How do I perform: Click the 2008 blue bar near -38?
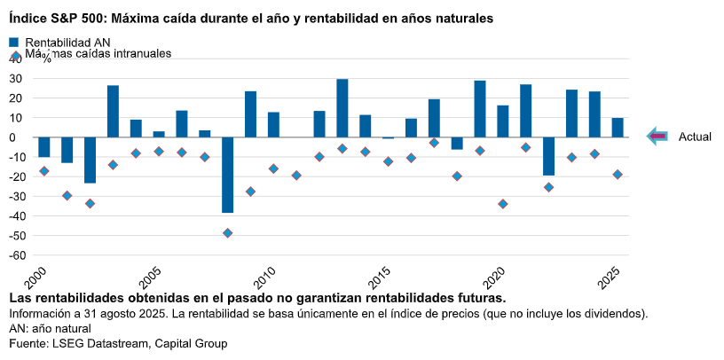[227, 175]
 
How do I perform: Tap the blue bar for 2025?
[618, 128]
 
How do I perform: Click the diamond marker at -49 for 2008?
[227, 233]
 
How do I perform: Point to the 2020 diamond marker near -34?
[503, 204]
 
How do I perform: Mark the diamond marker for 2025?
[618, 175]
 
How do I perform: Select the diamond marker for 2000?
[43, 171]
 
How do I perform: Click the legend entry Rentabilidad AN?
[67, 42]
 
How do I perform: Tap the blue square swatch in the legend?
[14, 42]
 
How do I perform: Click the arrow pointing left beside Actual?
[657, 137]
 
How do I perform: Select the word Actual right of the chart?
[695, 137]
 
